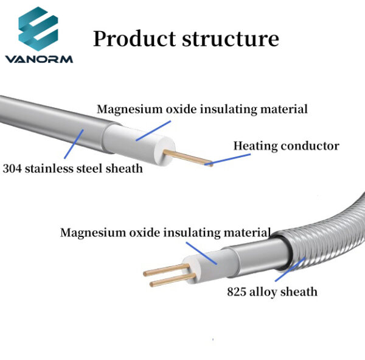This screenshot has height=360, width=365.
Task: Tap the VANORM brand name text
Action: (x=38, y=59)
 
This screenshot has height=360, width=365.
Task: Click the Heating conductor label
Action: (x=286, y=146)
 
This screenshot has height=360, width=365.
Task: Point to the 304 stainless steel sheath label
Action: (x=73, y=168)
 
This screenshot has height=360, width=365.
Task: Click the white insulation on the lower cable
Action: (x=210, y=262)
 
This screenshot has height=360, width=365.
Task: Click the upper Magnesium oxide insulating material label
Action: (x=202, y=110)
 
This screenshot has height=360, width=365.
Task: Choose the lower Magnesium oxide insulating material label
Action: (x=165, y=233)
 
